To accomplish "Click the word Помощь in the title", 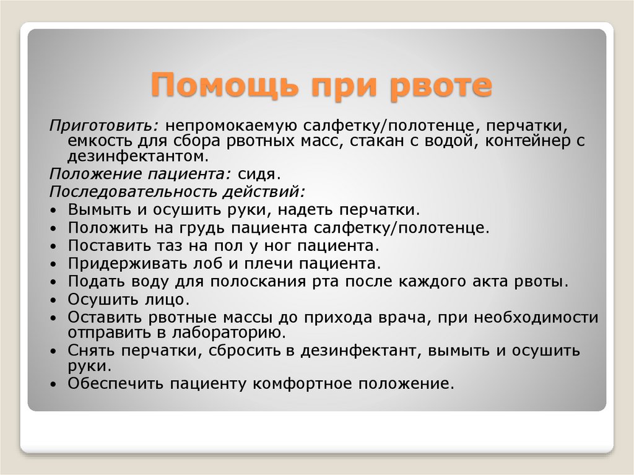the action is coord(225,85).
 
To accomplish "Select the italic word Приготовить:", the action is coord(103,126).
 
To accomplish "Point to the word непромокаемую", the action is coord(231,126).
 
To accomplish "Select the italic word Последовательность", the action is coord(132,191).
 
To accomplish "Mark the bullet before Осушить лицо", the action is coord(54,301).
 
